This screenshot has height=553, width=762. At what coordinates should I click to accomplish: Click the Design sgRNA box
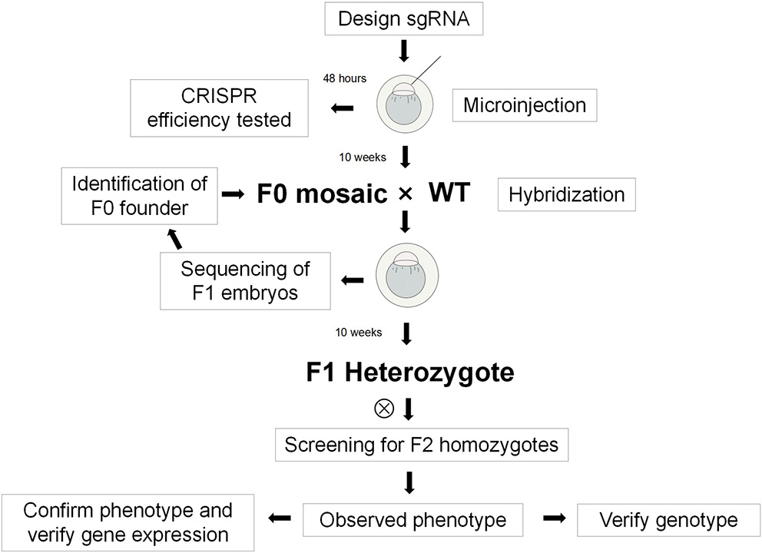tap(405, 20)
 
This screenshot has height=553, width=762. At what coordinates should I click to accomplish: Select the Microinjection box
tap(524, 105)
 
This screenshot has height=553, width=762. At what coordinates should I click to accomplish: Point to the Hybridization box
tap(567, 194)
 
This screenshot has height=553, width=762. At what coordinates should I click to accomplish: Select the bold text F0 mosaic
tap(322, 194)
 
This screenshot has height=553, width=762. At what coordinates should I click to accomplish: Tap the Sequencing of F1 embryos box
tap(245, 280)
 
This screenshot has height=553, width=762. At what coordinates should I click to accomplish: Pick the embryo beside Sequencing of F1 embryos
tap(405, 281)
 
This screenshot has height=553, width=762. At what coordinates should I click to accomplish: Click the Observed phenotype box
tap(412, 520)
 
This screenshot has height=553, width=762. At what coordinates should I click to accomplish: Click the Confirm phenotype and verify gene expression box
tap(128, 522)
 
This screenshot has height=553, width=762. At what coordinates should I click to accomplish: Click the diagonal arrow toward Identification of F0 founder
tap(176, 239)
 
